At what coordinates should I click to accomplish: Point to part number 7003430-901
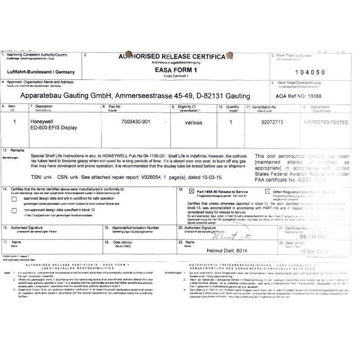tap(136, 121)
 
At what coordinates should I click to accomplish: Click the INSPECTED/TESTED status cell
tap(325, 122)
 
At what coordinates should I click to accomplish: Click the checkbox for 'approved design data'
tap(15, 198)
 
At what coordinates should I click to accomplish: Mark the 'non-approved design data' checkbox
tap(15, 210)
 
